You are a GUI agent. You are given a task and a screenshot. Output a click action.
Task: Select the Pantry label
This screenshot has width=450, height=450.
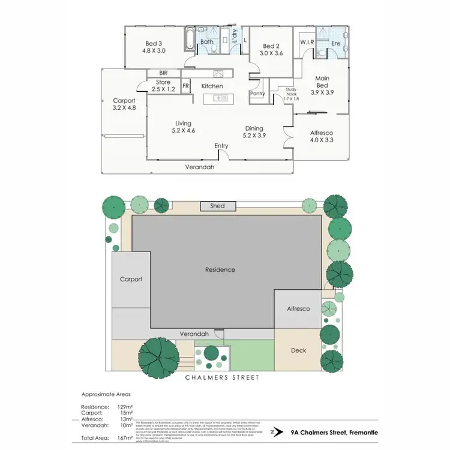click(258, 94)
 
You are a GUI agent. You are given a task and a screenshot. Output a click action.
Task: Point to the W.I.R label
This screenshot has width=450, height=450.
click(308, 42)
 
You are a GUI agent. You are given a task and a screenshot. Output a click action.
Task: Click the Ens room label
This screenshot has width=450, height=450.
click(336, 43)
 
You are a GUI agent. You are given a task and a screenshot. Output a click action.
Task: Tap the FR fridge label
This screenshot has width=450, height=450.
click(185, 86)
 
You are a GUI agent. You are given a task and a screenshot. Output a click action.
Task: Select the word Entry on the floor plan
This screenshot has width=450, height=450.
click(222, 146)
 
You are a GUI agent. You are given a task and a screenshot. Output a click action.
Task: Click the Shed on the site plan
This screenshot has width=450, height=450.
click(217, 206)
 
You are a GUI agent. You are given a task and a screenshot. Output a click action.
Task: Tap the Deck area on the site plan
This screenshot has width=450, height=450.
click(298, 350)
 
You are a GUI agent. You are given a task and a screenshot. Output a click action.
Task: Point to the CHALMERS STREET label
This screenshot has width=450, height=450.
click(222, 377)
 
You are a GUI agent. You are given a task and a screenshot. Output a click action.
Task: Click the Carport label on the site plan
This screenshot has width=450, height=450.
click(130, 279)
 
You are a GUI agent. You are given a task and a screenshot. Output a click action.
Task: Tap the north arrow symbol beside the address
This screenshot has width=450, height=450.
click(274, 431)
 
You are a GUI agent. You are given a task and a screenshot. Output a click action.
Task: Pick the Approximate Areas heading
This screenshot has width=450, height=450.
click(106, 394)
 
